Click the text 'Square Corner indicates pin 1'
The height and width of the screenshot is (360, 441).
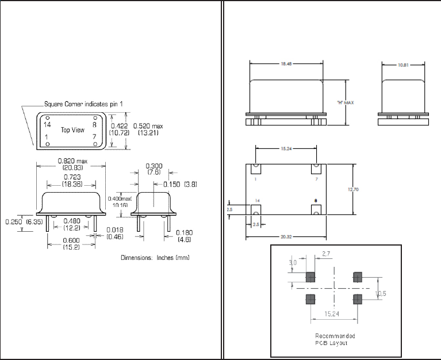[x=84, y=104]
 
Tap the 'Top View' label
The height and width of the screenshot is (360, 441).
[x=73, y=130]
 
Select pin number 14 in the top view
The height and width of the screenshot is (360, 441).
[x=48, y=124]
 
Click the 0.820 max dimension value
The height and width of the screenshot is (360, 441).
[x=71, y=160]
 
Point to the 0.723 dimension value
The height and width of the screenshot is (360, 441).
[x=71, y=177]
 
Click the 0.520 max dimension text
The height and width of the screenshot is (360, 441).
[x=148, y=125]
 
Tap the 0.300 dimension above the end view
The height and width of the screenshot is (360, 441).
[x=154, y=166]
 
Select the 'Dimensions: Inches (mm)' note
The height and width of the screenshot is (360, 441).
[x=155, y=257]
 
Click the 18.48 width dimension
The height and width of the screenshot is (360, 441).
[x=286, y=64]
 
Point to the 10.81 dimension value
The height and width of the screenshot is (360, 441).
[x=403, y=65]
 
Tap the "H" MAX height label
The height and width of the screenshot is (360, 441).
[x=345, y=102]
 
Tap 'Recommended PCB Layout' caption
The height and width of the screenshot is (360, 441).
[x=335, y=339]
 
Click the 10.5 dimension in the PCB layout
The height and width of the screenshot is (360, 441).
[x=381, y=294]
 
